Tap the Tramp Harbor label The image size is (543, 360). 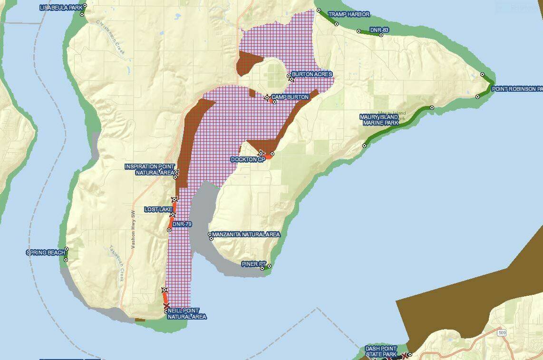point(349,14)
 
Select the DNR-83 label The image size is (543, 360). point(379,30)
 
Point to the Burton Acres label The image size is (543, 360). point(311,74)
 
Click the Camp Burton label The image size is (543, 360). point(290,97)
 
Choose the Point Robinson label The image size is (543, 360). point(517,89)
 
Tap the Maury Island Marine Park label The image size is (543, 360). point(379,120)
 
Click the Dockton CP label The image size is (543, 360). point(247,159)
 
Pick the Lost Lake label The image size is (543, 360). point(158,209)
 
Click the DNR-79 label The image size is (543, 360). point(182,224)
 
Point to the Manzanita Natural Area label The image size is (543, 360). point(246,234)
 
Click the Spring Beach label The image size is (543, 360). point(46,253)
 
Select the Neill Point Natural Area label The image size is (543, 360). point(187,313)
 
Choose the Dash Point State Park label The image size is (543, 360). point(381,351)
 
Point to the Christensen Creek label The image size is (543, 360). point(110,38)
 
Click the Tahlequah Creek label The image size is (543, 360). point(116,263)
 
